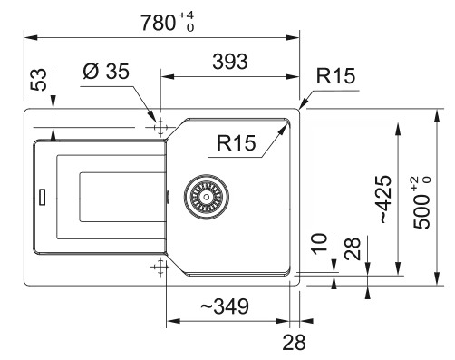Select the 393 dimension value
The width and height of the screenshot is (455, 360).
coord(230,62)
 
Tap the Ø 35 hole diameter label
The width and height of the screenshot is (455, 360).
coord(106,72)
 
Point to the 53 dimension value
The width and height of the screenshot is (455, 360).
coord(40,80)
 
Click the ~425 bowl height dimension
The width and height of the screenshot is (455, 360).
coord(386,199)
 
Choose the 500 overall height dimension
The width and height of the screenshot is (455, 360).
coord(421,203)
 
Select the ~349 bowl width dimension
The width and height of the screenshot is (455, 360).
coord(225,306)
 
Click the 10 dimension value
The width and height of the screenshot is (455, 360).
coord(320,244)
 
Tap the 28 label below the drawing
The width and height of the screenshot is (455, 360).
coord(294,343)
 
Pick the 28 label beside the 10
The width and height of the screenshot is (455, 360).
coord(353,248)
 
